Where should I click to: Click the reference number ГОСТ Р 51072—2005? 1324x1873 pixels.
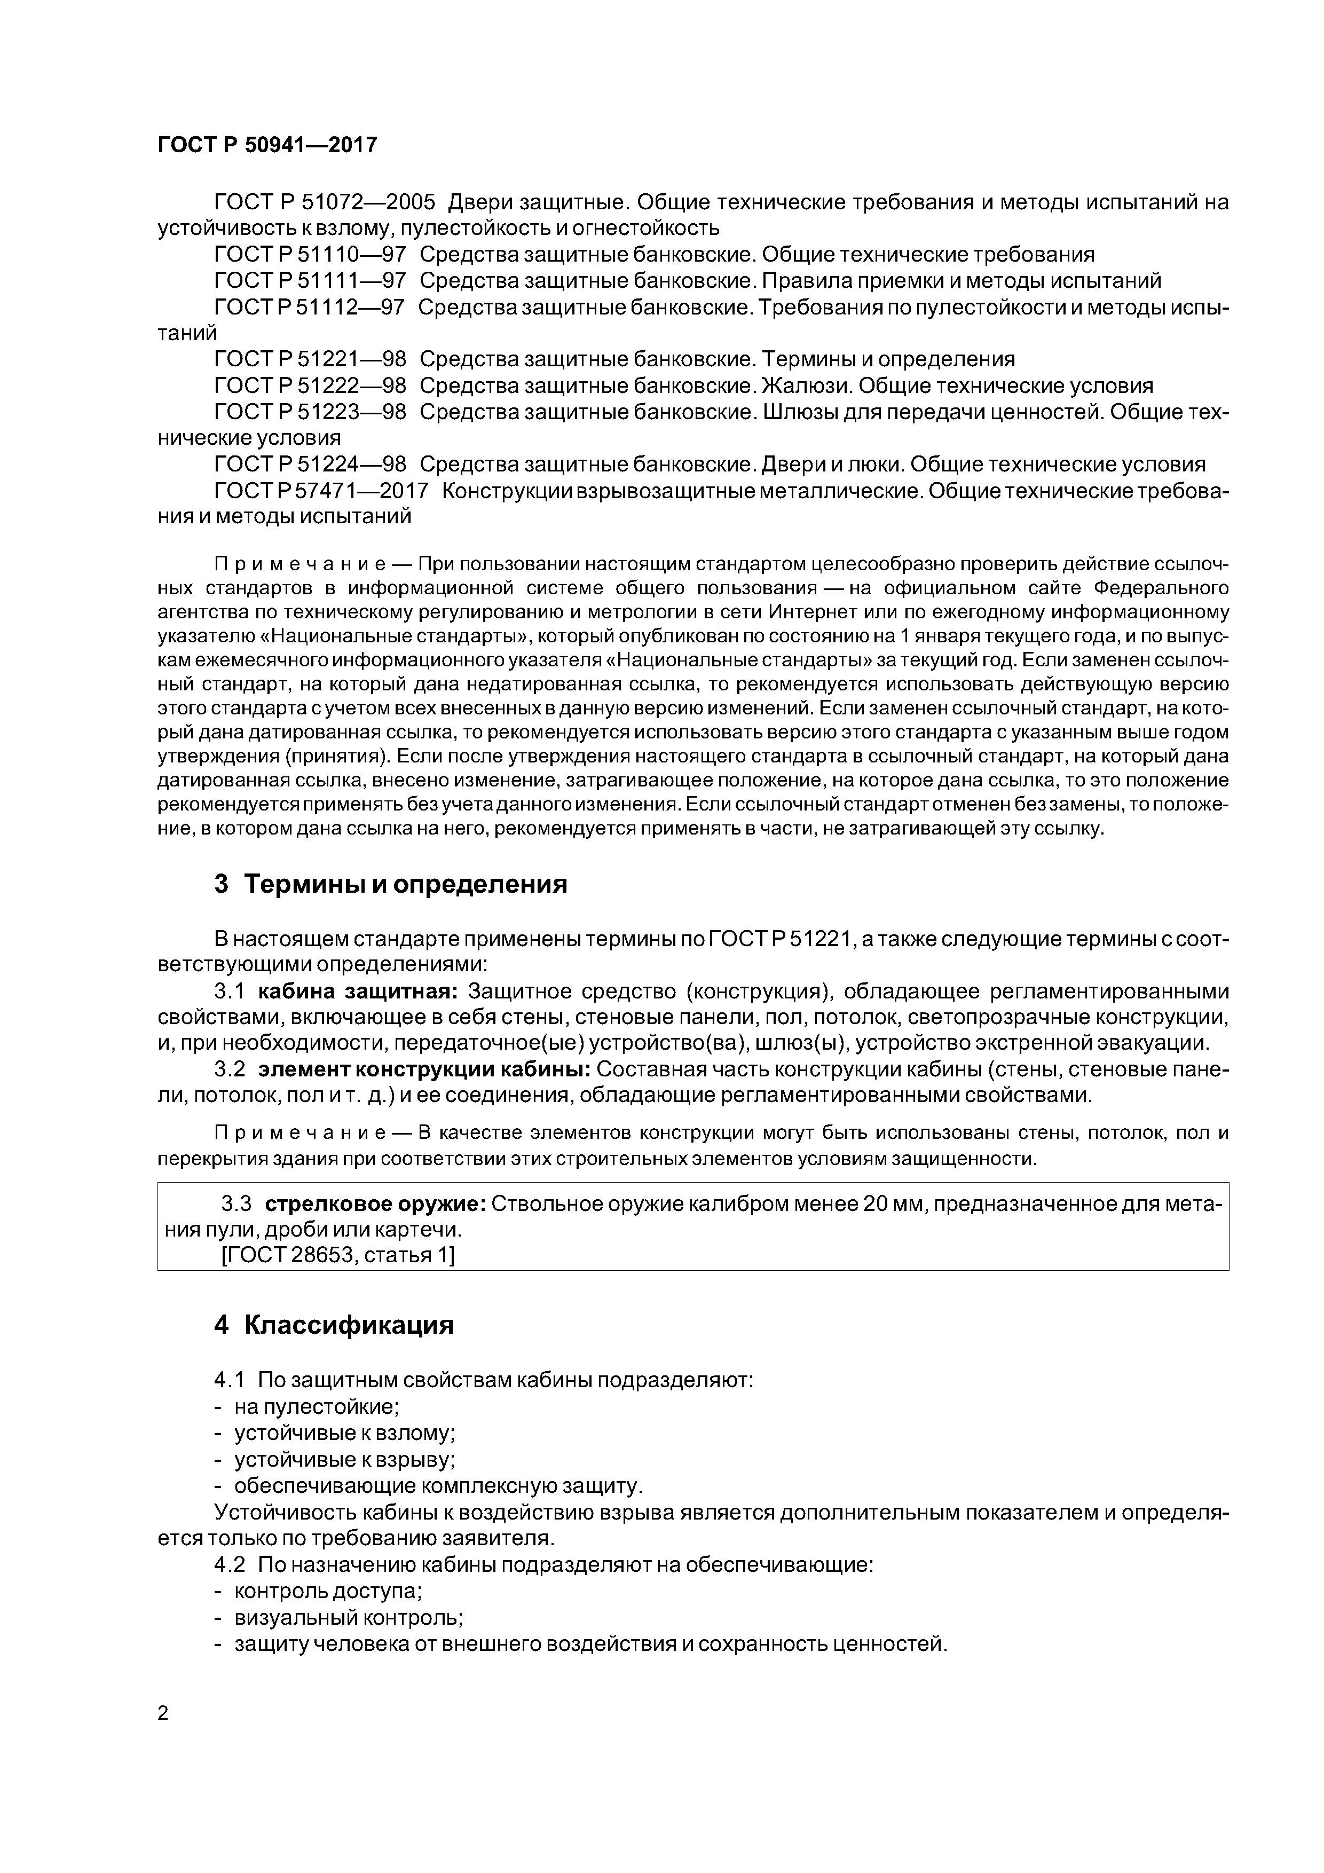point(325,201)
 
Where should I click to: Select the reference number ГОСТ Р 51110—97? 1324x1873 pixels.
point(310,255)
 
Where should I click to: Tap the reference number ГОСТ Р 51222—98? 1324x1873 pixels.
point(310,386)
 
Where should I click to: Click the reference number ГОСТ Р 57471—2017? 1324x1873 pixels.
point(321,490)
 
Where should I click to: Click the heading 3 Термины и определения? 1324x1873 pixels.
point(391,884)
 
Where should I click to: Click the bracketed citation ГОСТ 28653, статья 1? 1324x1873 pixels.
point(338,1255)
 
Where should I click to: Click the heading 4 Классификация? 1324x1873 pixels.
point(334,1326)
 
